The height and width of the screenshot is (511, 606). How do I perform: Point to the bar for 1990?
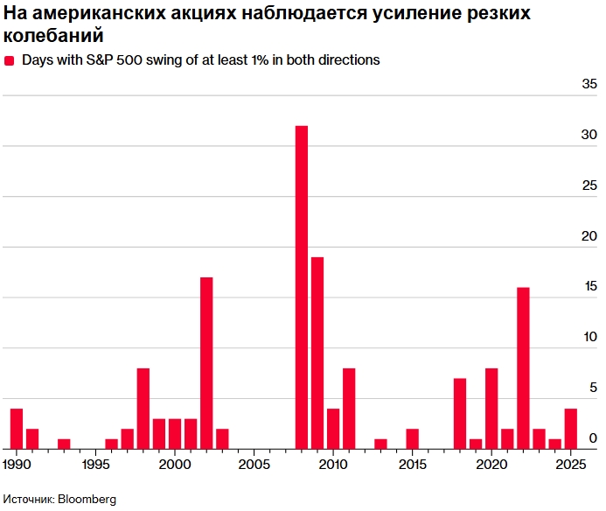point(17,428)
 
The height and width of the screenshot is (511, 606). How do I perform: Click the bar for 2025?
point(570,428)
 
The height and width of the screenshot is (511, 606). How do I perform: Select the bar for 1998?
point(143,408)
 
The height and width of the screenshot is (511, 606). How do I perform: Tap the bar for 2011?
point(349,408)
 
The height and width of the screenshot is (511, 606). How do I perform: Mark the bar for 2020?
point(491,408)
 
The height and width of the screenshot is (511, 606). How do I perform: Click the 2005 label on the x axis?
point(253,462)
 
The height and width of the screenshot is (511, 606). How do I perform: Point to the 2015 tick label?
point(411,462)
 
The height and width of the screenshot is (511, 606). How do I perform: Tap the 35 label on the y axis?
point(589,85)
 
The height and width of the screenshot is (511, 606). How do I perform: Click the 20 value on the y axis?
point(589,236)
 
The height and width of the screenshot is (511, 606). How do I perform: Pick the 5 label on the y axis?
point(593,388)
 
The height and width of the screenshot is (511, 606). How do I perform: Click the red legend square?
point(10,60)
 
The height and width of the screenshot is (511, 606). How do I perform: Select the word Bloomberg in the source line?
point(87,499)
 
